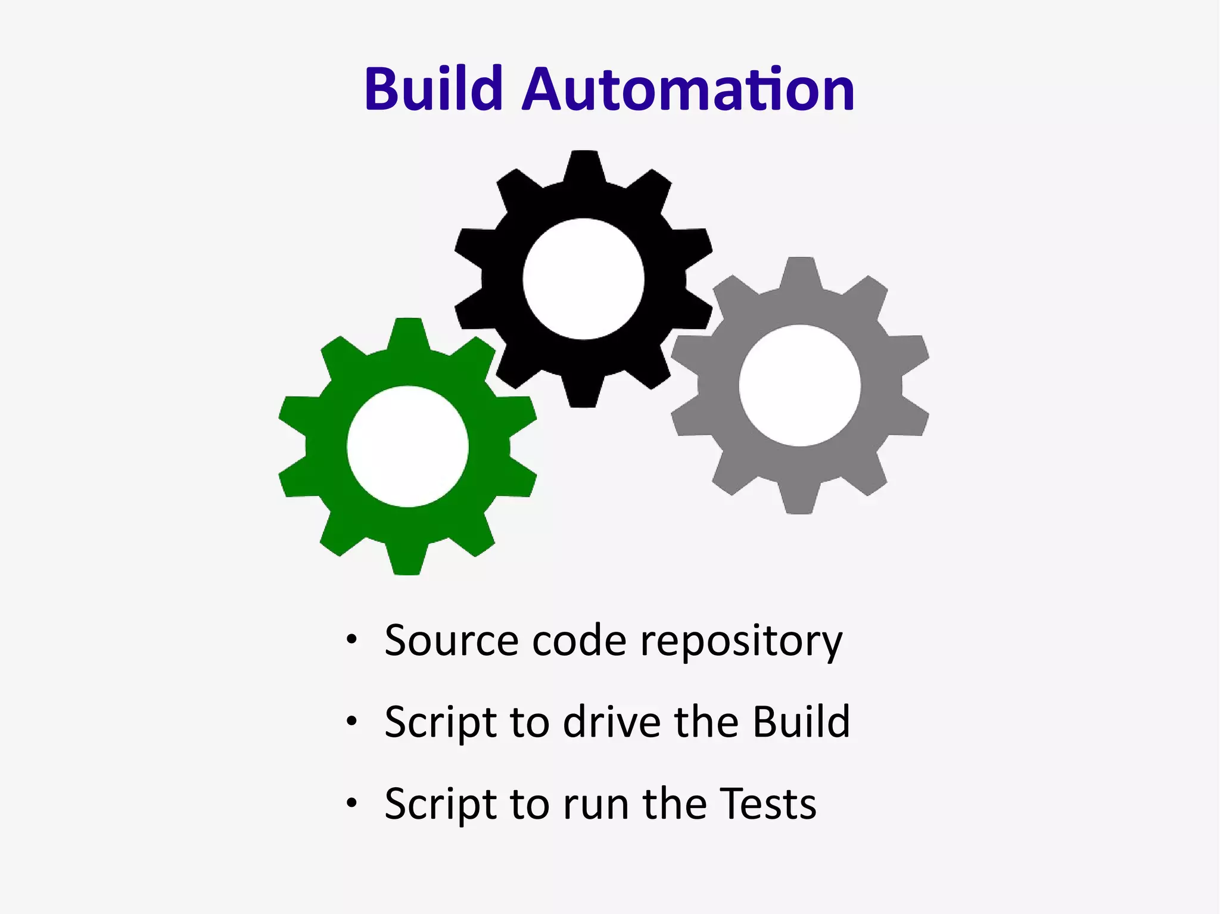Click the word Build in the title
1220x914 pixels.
coord(434,89)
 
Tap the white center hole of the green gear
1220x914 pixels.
coord(407,447)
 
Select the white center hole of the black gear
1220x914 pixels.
coord(583,279)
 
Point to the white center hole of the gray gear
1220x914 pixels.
coord(799,385)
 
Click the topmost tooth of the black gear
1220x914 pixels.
coord(584,164)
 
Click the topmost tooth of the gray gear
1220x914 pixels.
coord(799,271)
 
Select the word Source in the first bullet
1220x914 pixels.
coord(451,641)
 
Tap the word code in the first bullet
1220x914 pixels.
coord(579,641)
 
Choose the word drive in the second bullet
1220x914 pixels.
coord(612,722)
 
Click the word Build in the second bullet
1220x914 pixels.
coord(801,722)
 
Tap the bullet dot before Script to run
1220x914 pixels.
coord(352,803)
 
